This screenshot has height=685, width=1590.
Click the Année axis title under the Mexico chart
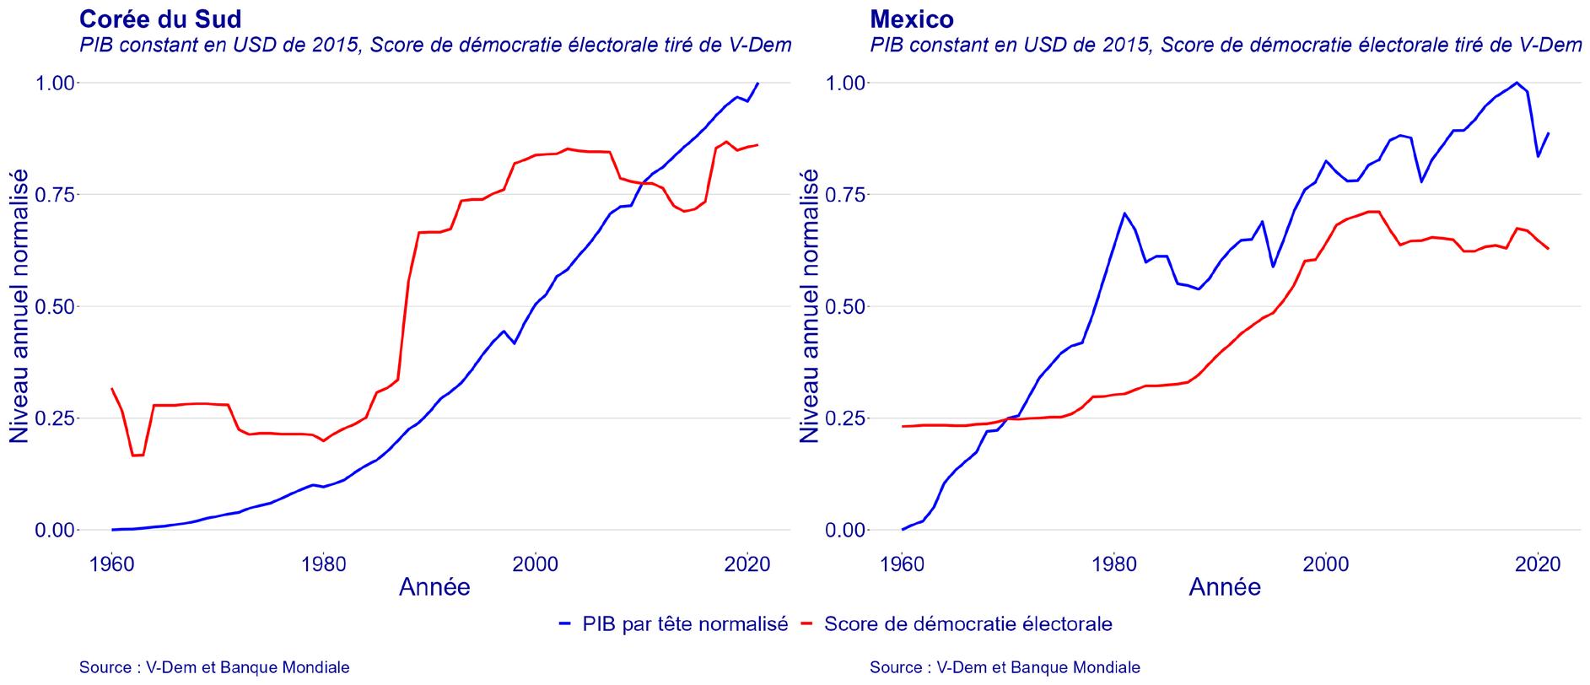(x=1225, y=587)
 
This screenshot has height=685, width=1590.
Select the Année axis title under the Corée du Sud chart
(x=434, y=587)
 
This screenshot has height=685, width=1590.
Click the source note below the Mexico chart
(x=1005, y=667)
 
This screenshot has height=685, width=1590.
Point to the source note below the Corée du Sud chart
(x=214, y=667)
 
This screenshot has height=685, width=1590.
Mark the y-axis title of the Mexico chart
(x=810, y=305)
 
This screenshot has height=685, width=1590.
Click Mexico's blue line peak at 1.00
(x=1517, y=83)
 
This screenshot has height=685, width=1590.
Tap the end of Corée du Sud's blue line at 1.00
(x=757, y=83)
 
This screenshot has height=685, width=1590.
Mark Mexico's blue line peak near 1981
(x=1124, y=213)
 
